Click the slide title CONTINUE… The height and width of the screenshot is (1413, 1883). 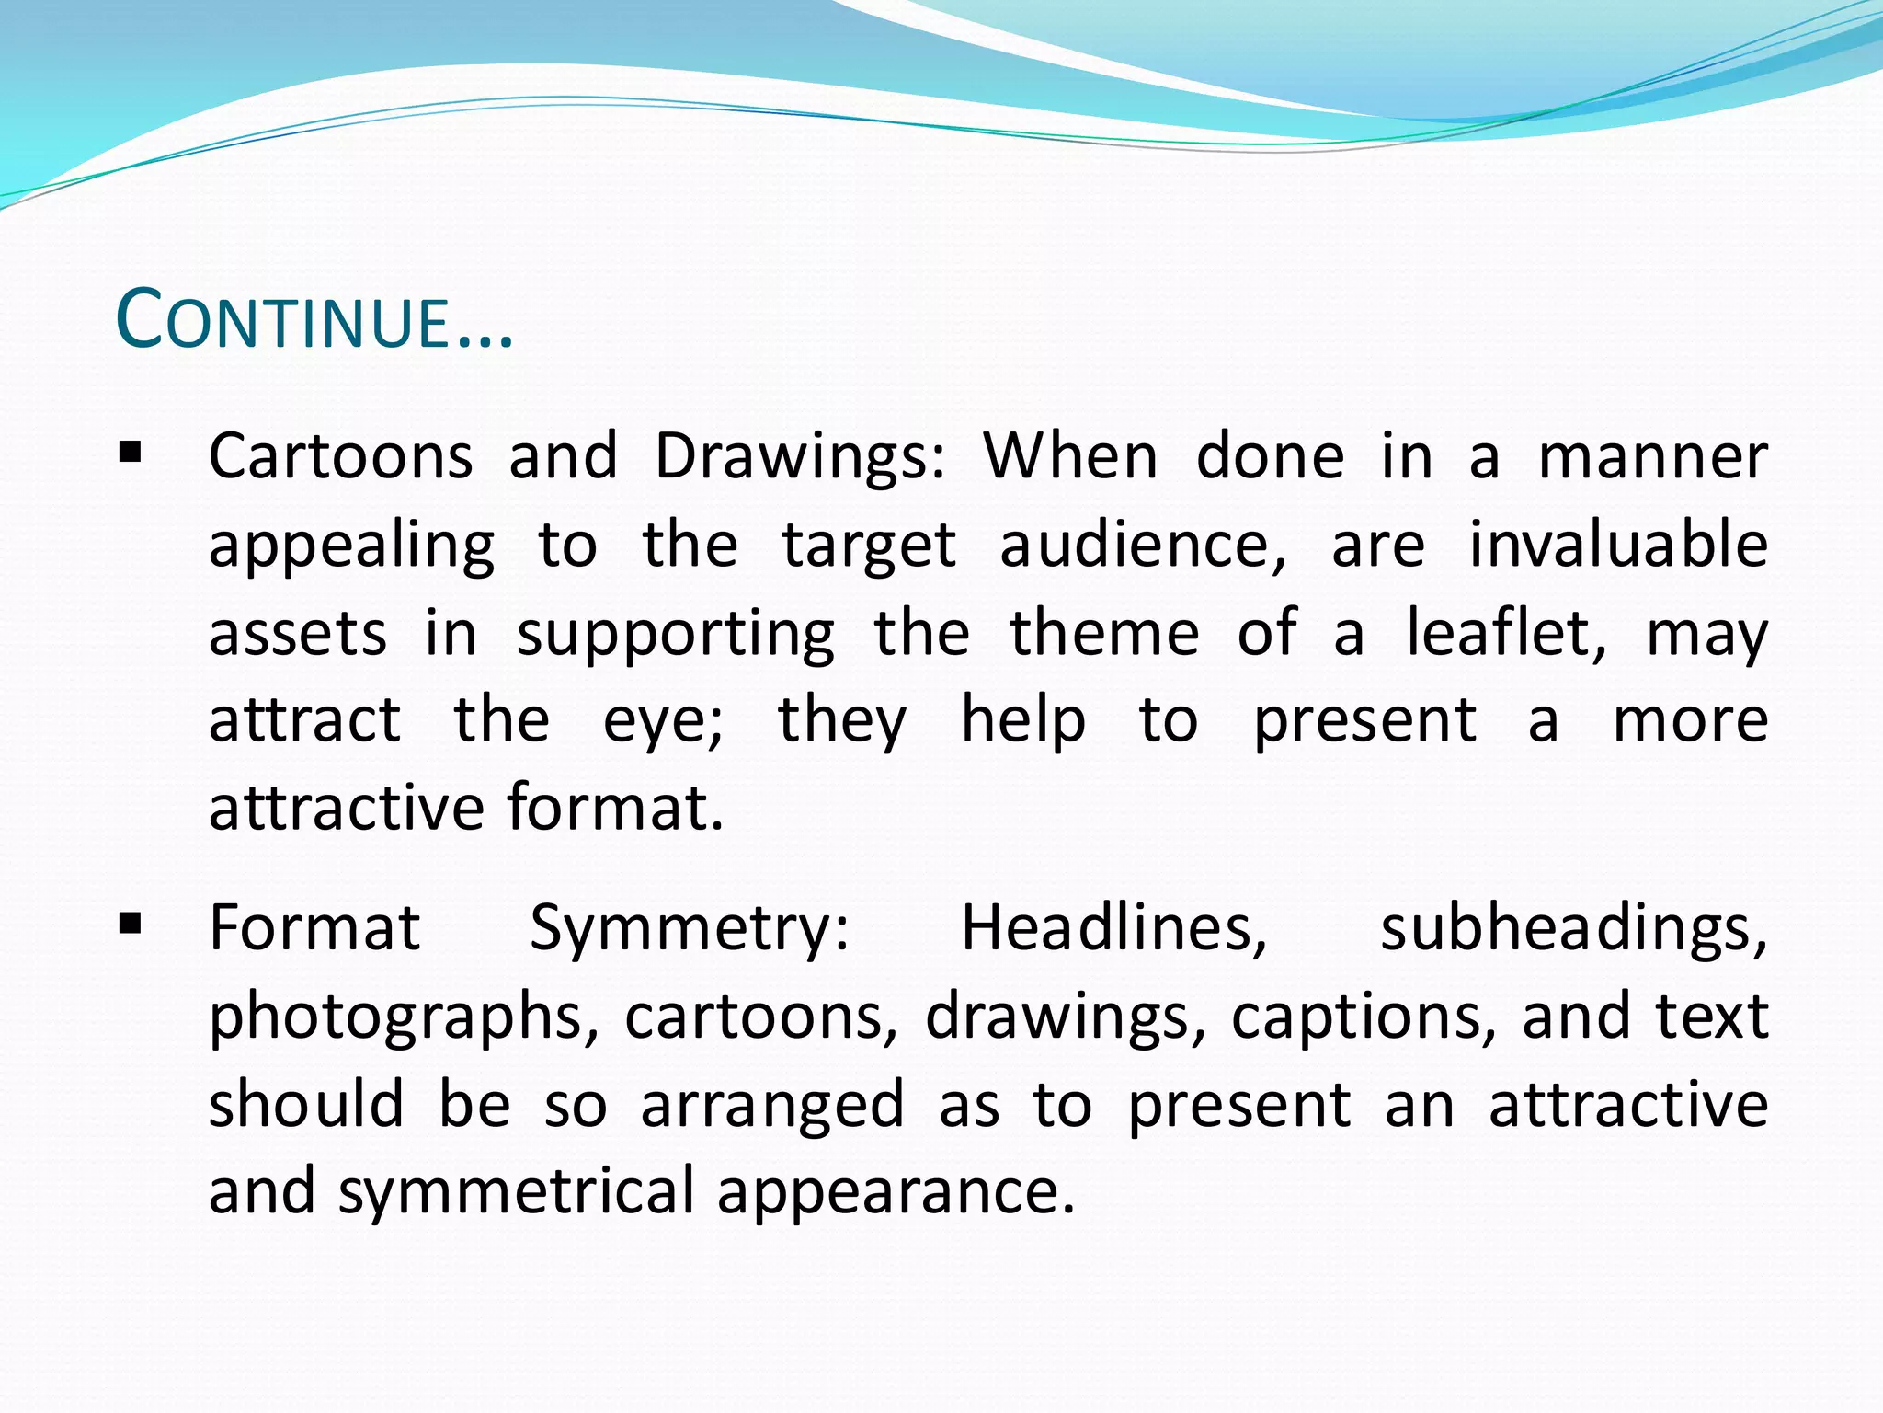coord(314,320)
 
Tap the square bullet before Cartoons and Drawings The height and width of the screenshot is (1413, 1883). coord(130,453)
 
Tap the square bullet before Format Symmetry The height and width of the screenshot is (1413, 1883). coord(130,922)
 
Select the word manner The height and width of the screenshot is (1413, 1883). coord(1653,457)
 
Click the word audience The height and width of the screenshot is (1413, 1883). coord(1142,546)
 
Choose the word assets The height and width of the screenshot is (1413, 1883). coord(298,634)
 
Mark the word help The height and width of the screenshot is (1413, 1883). coord(1023,720)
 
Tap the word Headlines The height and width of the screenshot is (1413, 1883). coord(1113,926)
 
